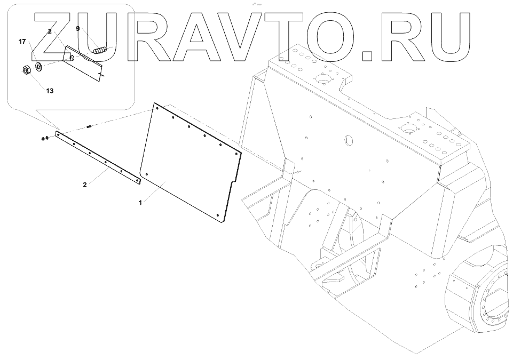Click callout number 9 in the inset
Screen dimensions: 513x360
point(77,29)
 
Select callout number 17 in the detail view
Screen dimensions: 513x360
point(22,41)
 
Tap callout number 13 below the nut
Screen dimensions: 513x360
point(50,91)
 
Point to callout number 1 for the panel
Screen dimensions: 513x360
point(140,203)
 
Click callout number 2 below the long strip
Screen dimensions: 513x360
point(85,185)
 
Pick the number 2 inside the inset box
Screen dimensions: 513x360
point(50,32)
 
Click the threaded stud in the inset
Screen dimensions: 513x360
point(100,51)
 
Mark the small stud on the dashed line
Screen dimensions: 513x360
point(90,127)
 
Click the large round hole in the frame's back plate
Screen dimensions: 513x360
point(348,140)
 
